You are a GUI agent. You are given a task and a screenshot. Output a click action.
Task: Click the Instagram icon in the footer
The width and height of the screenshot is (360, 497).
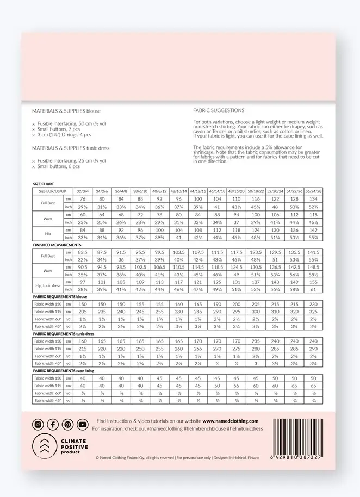click(38, 425)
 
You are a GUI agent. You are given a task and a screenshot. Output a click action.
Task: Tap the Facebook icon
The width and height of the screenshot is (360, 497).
click(53, 425)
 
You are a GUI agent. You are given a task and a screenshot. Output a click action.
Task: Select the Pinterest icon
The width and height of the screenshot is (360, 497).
click(67, 425)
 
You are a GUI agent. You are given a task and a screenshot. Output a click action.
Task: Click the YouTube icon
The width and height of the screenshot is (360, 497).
click(82, 425)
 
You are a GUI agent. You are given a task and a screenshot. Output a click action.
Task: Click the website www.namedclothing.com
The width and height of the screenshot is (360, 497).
click(230, 421)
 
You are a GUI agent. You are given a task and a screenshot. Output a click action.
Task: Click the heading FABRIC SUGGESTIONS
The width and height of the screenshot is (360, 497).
click(219, 110)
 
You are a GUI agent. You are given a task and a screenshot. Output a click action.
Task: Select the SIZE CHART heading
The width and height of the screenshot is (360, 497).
click(44, 185)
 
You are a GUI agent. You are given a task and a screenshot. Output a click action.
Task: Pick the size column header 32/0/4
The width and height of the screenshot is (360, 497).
click(83, 192)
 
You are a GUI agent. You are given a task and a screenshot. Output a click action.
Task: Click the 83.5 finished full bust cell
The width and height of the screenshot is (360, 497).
click(83, 253)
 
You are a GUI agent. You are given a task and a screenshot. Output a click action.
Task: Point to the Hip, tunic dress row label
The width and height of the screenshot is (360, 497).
click(47, 287)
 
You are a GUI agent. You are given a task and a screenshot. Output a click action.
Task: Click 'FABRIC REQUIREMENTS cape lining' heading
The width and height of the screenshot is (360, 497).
click(64, 370)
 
